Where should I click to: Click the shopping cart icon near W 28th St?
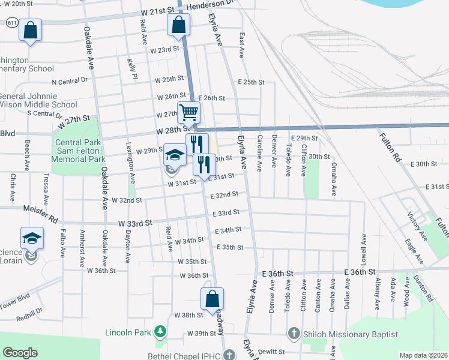188,112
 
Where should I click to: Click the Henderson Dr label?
208,5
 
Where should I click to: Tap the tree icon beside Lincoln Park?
160,331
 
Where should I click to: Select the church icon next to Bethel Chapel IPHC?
228,355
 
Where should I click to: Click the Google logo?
20,352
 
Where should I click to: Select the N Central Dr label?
74,82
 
